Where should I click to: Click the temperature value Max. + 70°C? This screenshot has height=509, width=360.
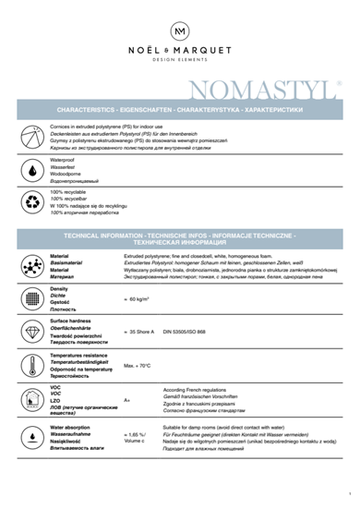(x=137, y=365)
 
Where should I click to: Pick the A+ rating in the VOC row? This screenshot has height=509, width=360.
(x=127, y=400)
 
